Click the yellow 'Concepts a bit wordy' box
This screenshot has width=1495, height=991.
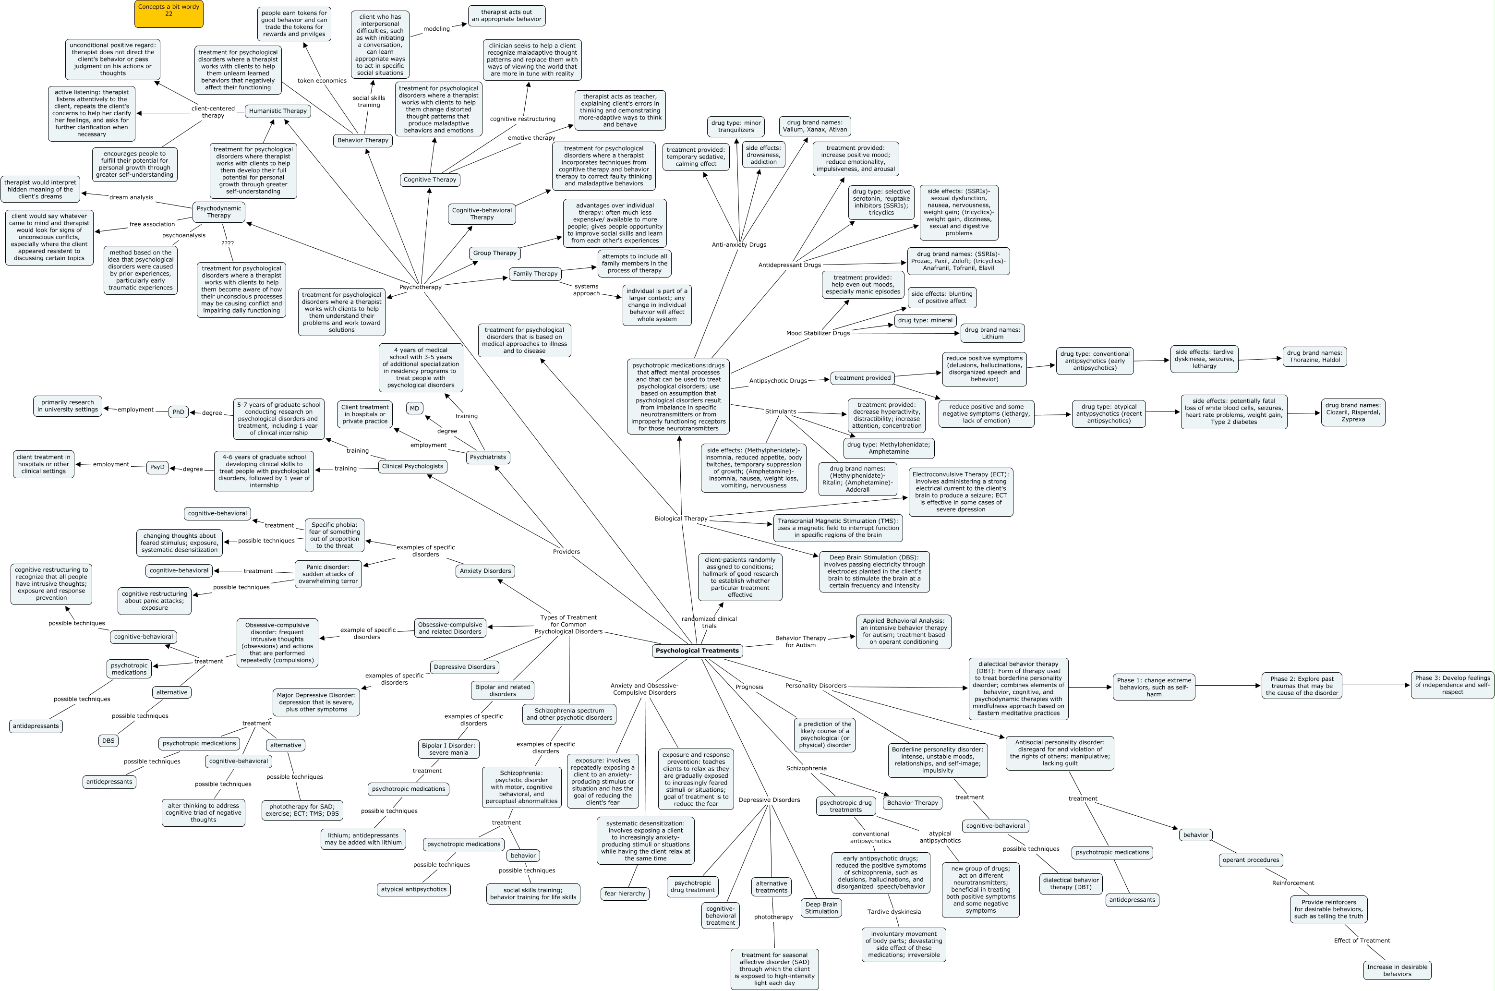tap(169, 13)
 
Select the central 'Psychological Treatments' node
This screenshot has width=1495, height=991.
tap(697, 650)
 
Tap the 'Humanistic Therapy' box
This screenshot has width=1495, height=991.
tap(277, 110)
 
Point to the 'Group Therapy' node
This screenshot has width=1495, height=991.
tap(495, 253)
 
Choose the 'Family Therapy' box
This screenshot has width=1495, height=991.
tap(535, 274)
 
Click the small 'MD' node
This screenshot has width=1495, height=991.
tap(414, 408)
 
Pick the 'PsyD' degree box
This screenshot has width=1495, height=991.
tap(157, 467)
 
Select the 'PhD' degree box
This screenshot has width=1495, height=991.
tap(179, 412)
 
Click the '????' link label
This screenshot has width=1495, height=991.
tap(228, 242)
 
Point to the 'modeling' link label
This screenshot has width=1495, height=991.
tap(436, 28)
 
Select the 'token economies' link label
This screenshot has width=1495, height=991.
tap(322, 80)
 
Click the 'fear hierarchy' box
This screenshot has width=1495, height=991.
tap(625, 894)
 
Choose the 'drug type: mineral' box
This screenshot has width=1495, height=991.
tap(925, 320)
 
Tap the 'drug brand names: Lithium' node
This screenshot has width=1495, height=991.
tap(992, 333)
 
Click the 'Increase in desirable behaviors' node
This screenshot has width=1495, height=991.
tap(1397, 970)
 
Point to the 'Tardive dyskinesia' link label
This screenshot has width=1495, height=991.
tap(894, 911)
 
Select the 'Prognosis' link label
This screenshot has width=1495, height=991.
tap(749, 687)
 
